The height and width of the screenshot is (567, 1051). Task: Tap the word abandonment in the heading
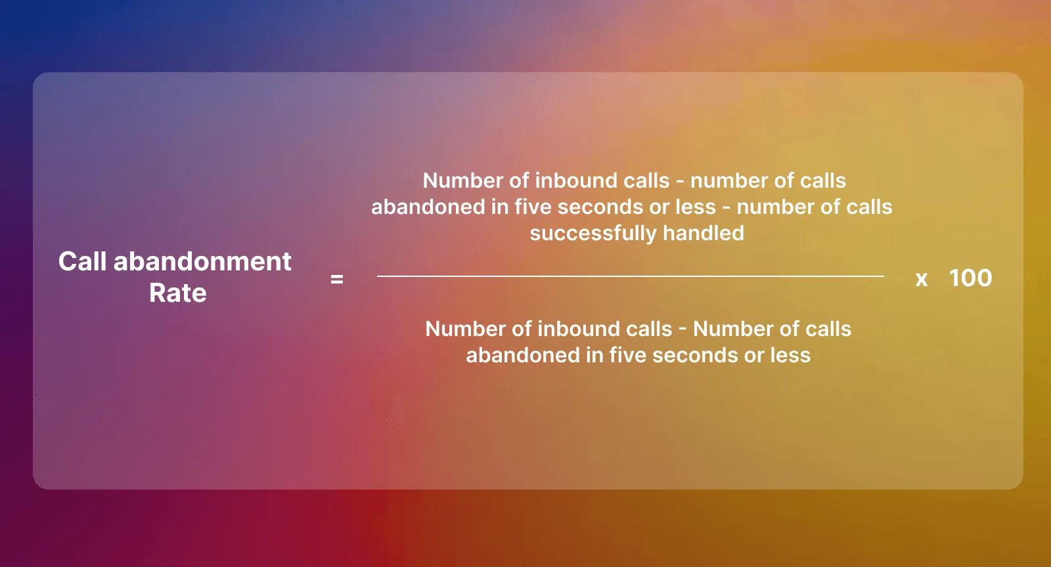point(202,262)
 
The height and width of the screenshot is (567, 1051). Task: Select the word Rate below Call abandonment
point(177,293)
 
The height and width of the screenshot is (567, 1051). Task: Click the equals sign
point(337,280)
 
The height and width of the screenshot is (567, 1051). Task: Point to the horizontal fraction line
point(631,276)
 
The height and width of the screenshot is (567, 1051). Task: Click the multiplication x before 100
point(922,280)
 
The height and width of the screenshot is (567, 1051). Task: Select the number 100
point(970,278)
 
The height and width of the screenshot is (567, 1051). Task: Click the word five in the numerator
point(533,207)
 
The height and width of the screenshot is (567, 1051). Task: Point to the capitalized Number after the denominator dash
point(733,329)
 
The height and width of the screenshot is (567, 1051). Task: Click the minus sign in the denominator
point(682,329)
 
